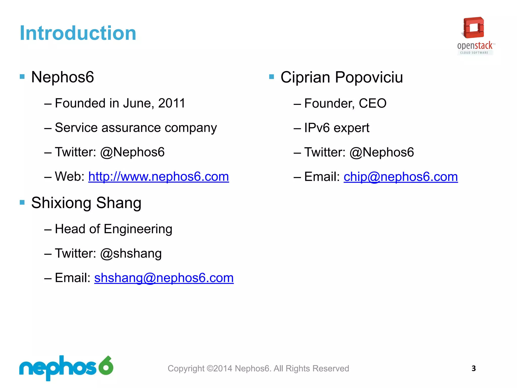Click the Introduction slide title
click(x=78, y=33)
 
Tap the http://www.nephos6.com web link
click(x=159, y=177)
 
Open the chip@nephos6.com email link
click(x=401, y=177)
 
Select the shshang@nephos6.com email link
click(x=164, y=278)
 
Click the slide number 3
click(x=474, y=368)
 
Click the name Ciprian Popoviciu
click(x=342, y=77)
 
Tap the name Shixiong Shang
click(x=86, y=203)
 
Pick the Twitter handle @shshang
click(x=131, y=253)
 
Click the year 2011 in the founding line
click(x=172, y=103)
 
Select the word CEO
click(x=373, y=103)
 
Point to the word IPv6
click(x=317, y=128)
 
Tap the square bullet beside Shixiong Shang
click(x=22, y=202)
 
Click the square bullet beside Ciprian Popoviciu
click(x=272, y=77)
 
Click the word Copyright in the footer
click(x=186, y=369)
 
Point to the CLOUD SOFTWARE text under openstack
click(x=474, y=53)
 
